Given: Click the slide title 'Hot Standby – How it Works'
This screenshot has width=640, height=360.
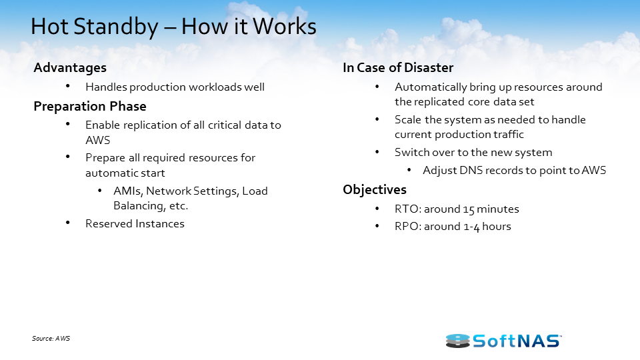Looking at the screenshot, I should point(173,27).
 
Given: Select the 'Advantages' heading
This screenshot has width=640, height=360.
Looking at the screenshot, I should point(70,68).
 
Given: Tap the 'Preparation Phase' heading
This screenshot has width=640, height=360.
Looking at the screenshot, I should point(90,107).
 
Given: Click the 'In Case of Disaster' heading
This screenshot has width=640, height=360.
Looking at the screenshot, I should point(398,68).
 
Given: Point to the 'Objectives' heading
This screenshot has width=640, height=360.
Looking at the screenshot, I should point(375,190).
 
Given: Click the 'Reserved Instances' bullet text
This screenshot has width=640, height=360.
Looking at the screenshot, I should point(135,224).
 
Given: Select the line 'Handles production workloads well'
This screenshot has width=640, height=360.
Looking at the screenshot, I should point(175,87).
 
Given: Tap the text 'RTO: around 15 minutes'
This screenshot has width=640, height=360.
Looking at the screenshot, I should point(457,209).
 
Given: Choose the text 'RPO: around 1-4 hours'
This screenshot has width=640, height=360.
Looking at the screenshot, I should point(453,227).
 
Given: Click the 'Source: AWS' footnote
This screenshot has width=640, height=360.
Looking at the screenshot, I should point(51,339).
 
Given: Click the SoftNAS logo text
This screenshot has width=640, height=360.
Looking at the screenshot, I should point(517,341).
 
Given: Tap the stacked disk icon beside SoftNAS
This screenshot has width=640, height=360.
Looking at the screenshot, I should point(457,341).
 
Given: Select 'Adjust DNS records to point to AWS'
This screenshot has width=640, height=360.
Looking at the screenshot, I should point(514,171).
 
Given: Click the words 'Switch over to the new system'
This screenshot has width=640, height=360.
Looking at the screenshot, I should point(473,153).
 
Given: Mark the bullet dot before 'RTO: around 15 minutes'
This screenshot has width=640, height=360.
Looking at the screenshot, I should point(378,209).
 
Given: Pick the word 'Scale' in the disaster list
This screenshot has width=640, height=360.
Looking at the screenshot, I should point(408,120).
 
